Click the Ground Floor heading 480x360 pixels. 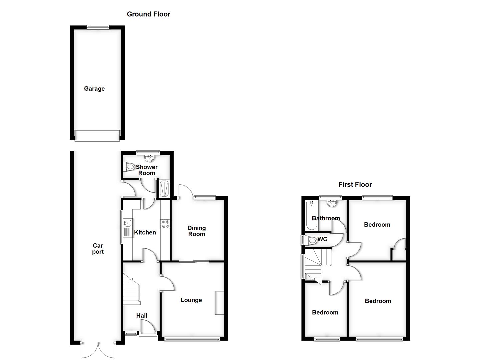coord(148,14)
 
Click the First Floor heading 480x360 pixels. coord(355,184)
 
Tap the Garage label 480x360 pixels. coord(94,89)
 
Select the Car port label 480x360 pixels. coord(98,249)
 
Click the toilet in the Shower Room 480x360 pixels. coord(129,167)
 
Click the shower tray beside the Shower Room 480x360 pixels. coord(164,189)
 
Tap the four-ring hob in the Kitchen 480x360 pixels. coord(165,224)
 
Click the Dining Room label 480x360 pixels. coord(196,231)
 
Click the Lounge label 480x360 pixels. coord(191,300)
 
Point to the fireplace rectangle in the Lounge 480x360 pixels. coord(219,303)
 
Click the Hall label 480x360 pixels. coord(141,315)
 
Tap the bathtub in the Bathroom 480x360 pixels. coord(311,216)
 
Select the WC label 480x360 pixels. coord(322,239)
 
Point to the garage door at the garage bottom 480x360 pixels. coord(97,136)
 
